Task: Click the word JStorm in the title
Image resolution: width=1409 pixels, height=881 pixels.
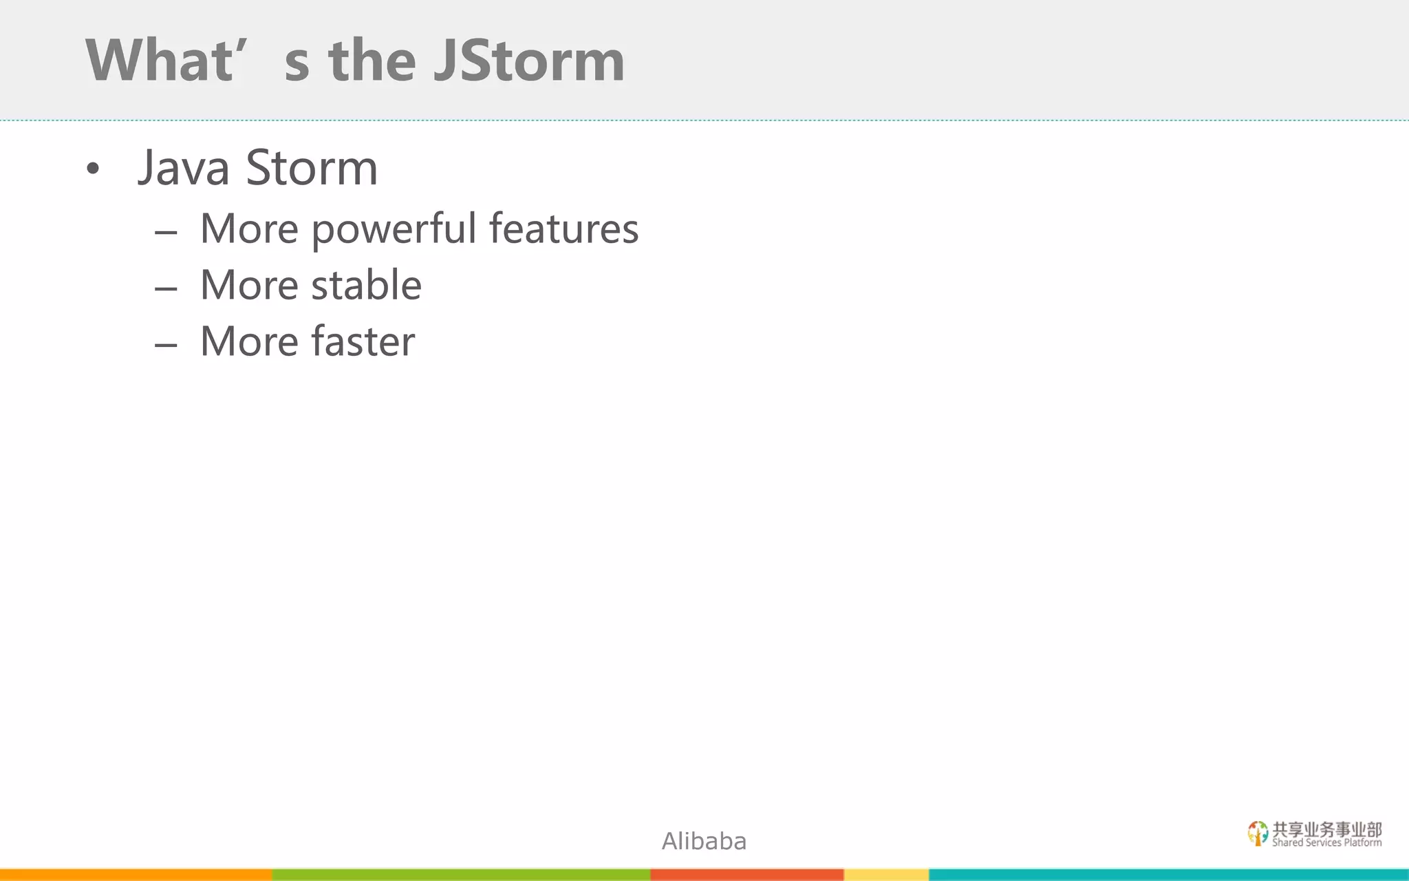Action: click(528, 61)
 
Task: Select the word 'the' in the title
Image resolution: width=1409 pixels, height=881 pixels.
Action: click(372, 61)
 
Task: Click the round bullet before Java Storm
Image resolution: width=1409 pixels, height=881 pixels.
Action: click(93, 169)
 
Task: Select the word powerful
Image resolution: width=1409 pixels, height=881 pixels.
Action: click(394, 229)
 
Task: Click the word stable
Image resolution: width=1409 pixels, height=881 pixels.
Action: click(366, 285)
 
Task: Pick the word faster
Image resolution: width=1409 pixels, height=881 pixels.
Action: click(363, 341)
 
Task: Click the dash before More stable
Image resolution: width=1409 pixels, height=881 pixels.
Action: click(166, 288)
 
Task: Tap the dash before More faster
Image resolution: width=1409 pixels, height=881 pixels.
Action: click(166, 345)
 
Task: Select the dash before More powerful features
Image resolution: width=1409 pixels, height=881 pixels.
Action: click(166, 233)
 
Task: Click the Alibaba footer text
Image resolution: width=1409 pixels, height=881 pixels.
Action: click(704, 841)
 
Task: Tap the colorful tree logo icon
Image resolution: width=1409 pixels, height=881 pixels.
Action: click(1258, 833)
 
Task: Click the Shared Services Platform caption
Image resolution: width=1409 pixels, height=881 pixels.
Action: click(1326, 843)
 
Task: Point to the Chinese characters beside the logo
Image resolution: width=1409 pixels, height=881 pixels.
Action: click(1326, 829)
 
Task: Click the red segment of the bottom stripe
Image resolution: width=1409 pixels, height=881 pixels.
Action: click(746, 875)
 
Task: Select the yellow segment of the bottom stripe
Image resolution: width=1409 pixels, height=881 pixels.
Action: click(886, 875)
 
